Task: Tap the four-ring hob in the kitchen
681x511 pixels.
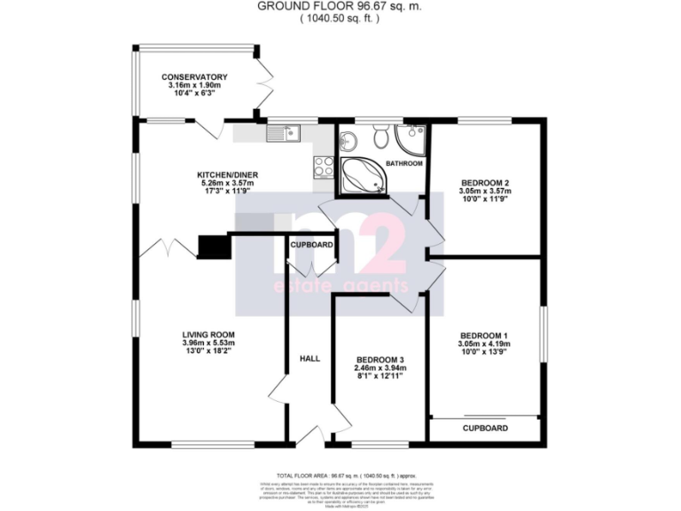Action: click(323, 165)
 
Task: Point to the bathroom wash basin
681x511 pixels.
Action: click(349, 140)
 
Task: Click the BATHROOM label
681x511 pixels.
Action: click(404, 163)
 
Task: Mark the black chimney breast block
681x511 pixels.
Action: click(212, 247)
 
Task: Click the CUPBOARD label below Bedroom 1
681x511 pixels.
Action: click(486, 428)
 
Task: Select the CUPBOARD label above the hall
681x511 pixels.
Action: click(311, 244)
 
